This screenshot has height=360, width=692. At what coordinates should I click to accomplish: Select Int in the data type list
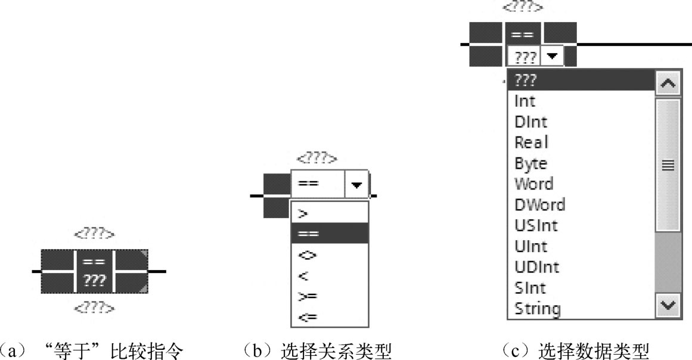pyautogui.click(x=525, y=101)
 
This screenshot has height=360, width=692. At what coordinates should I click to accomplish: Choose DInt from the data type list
pyautogui.click(x=530, y=122)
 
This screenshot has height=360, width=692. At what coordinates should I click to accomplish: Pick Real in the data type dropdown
pyautogui.click(x=531, y=142)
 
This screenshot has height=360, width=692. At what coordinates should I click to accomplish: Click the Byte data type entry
pyautogui.click(x=531, y=163)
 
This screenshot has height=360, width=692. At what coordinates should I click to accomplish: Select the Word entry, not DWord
pyautogui.click(x=533, y=184)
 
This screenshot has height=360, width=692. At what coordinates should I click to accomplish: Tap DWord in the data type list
pyautogui.click(x=539, y=204)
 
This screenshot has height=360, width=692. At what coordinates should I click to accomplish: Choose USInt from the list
pyautogui.click(x=536, y=225)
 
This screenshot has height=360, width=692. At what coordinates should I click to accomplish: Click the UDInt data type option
pyautogui.click(x=537, y=266)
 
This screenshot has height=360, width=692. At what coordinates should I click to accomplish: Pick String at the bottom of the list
pyautogui.click(x=537, y=309)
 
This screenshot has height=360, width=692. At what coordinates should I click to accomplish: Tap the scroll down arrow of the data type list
pyautogui.click(x=666, y=308)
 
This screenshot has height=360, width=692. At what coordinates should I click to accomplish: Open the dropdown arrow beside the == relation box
pyautogui.click(x=356, y=185)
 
